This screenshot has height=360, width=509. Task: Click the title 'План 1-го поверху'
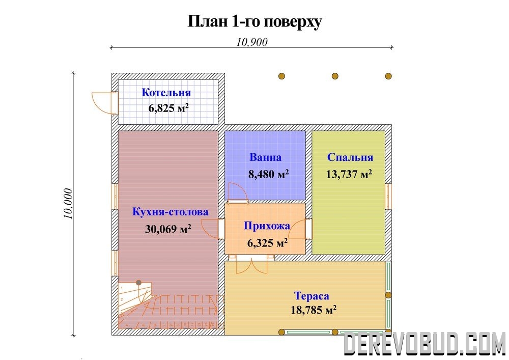pos(255,22)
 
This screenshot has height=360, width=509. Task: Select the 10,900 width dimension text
pos(252,42)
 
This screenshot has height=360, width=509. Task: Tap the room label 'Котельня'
pos(166,93)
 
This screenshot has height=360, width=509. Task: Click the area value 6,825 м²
pos(168,108)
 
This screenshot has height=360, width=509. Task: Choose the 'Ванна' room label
pos(265,157)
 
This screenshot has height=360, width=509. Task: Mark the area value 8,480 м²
pos(268,174)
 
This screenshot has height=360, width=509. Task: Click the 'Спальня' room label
pos(350,157)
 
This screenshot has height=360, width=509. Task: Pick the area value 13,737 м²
pos(349,174)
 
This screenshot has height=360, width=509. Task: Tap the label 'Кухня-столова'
pos(171,212)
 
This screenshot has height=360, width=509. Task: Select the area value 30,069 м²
pos(168,229)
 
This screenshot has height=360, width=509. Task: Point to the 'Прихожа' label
pos(267,226)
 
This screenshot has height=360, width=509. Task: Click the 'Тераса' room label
pos(312,296)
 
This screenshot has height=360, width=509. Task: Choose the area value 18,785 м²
pos(313,310)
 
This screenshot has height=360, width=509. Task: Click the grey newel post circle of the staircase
pos(139,283)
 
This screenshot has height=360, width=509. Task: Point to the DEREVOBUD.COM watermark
pos(424,343)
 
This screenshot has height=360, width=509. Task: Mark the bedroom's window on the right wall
pos(388,197)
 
